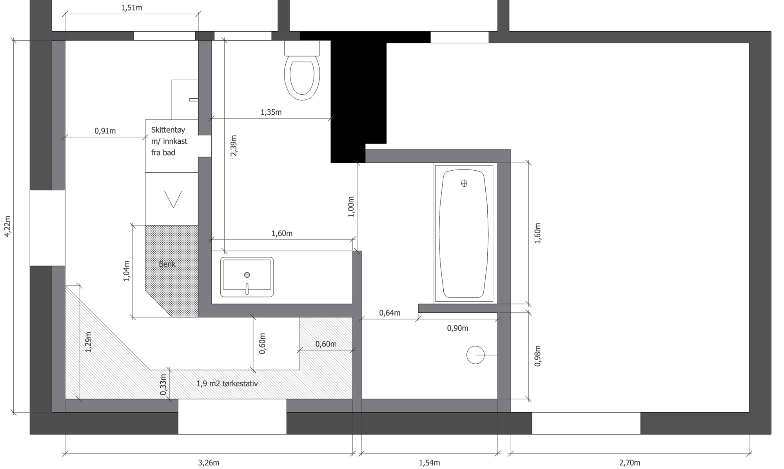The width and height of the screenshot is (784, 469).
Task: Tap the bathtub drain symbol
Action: [x=464, y=183]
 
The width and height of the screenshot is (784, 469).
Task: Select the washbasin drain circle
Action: [x=247, y=275]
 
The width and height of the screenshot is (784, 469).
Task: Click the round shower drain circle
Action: [x=475, y=355]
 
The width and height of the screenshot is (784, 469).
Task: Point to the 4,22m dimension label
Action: [x=7, y=226]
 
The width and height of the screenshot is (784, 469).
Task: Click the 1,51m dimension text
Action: [x=132, y=8]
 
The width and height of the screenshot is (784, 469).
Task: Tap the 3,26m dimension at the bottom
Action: [x=209, y=463]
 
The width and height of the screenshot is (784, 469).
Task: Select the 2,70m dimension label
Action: [x=630, y=463]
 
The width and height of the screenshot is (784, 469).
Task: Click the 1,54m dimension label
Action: [x=429, y=463]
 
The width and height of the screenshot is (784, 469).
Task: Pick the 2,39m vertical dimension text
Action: [x=234, y=146]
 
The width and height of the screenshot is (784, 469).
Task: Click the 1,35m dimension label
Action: [x=271, y=112]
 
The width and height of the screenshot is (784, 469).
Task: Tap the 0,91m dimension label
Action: [x=105, y=131]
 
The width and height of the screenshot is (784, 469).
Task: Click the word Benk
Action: [x=167, y=264]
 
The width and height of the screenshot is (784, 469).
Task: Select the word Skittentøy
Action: [x=168, y=130]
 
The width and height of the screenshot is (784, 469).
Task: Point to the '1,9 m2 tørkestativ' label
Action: [x=227, y=384]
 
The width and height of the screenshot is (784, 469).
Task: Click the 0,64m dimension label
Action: [x=390, y=313]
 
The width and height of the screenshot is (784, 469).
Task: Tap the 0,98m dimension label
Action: [x=537, y=356]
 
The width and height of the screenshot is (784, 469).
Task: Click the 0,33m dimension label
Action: [x=163, y=384]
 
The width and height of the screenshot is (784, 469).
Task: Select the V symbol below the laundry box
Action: [x=173, y=199]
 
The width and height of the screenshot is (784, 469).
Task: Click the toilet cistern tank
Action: [x=302, y=48]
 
